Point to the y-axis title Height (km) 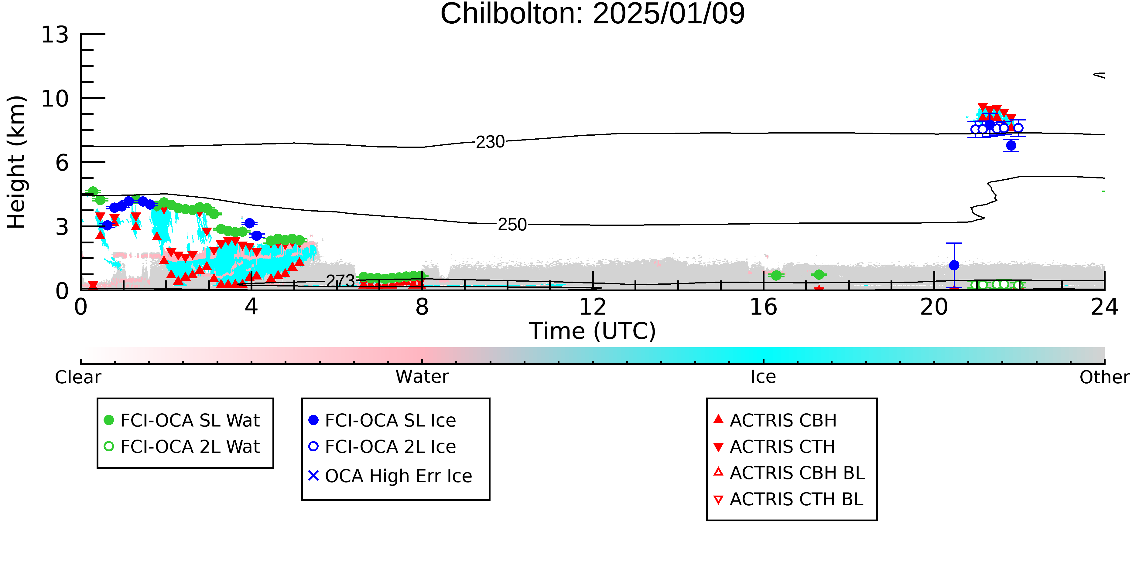[x=16, y=162]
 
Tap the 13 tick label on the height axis [x=55, y=35]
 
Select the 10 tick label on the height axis [x=55, y=99]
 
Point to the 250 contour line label [x=512, y=225]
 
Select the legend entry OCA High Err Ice [x=390, y=476]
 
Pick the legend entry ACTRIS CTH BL [x=789, y=499]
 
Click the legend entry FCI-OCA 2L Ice [x=382, y=447]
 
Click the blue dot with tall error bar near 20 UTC [x=954, y=265]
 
